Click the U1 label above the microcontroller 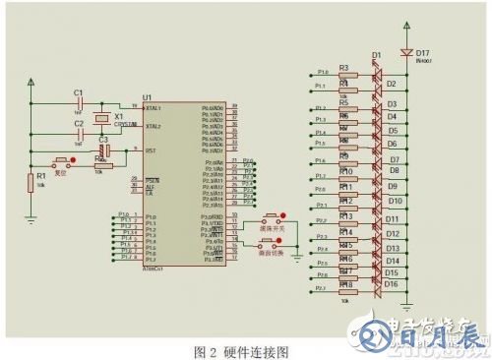[148, 96]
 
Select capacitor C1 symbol [80, 103]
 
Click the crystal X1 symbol [102, 119]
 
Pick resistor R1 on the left [30, 181]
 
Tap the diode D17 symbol [405, 52]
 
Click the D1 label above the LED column [376, 55]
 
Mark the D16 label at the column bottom [392, 284]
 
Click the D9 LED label [392, 185]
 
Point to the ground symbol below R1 [30, 219]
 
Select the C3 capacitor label [102, 140]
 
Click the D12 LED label [392, 234]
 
